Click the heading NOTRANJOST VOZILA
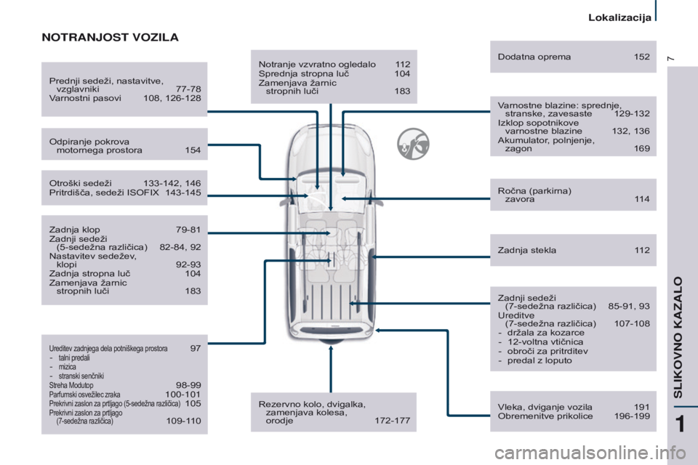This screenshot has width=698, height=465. coord(110,37)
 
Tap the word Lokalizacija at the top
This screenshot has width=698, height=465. coord(619,17)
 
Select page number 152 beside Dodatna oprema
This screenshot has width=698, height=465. coord(641,57)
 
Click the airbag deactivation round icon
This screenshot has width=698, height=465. coord(413,144)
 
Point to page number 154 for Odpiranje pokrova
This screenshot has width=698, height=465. coord(193,150)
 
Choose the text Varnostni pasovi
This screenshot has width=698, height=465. coord(85,98)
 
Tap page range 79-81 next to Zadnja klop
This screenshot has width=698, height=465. coord(188,230)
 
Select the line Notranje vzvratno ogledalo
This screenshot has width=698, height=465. coord(317,65)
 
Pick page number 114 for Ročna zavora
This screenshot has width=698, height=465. coord(642,199)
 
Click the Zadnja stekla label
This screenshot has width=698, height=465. coord(527,250)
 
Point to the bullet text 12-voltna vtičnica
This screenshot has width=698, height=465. coord(545,341)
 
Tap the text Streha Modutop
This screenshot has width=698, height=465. coord(71,385)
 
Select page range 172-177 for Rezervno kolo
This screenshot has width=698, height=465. coord(392,421)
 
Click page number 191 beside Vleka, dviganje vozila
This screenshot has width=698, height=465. coord(641,407)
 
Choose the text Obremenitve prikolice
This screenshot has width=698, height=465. coord(545,416)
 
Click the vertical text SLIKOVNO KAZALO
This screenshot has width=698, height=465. coord(678,337)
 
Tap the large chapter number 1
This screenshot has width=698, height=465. coord(680,424)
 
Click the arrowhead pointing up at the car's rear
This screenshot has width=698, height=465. coord(331,349)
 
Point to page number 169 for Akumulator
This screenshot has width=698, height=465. coord(641,149)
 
